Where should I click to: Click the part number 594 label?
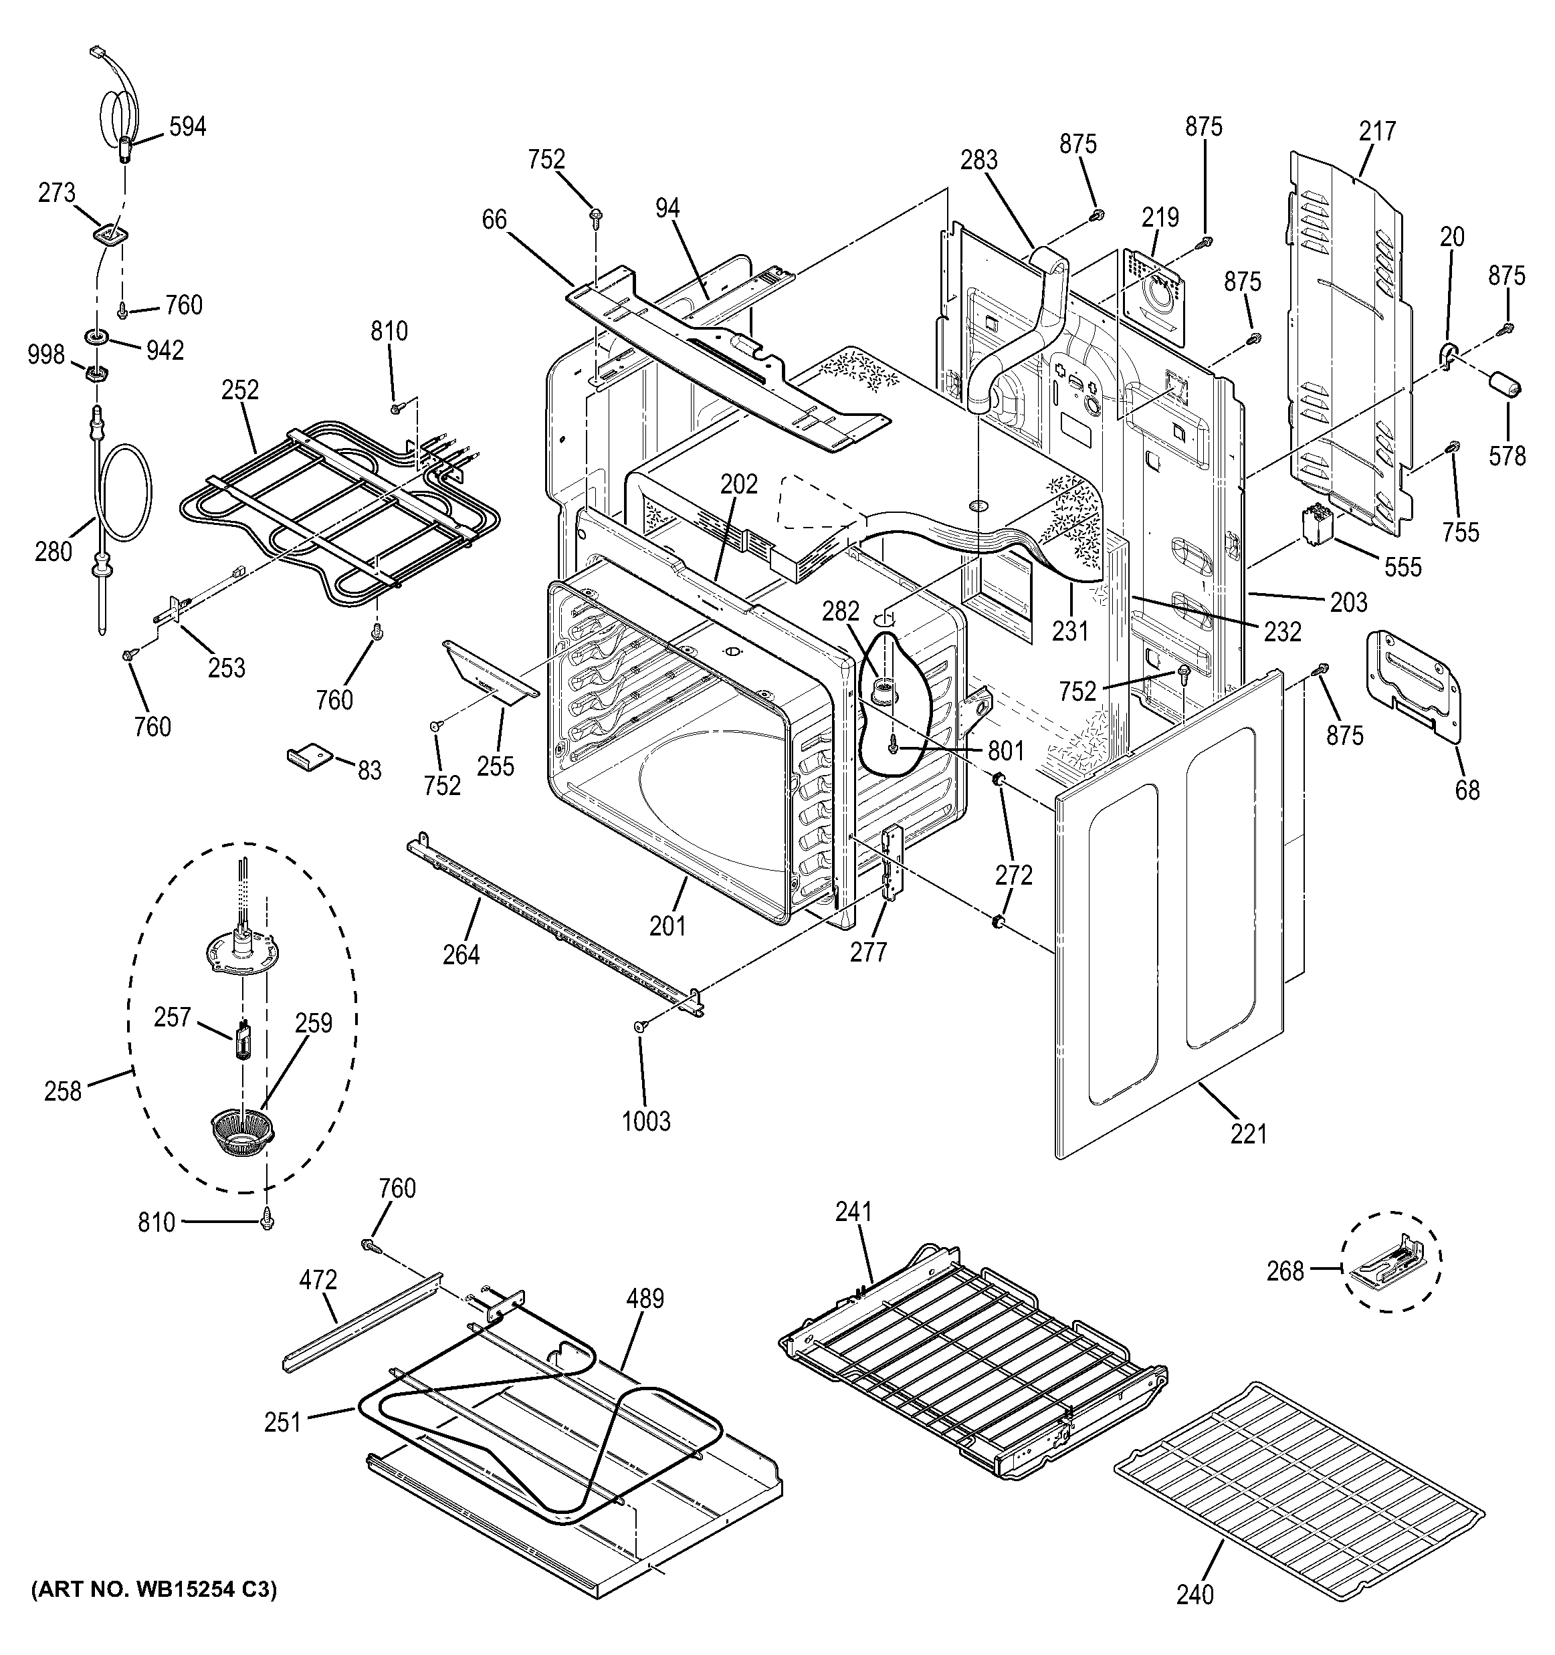tap(187, 126)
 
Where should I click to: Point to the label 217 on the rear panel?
tap(1378, 130)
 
